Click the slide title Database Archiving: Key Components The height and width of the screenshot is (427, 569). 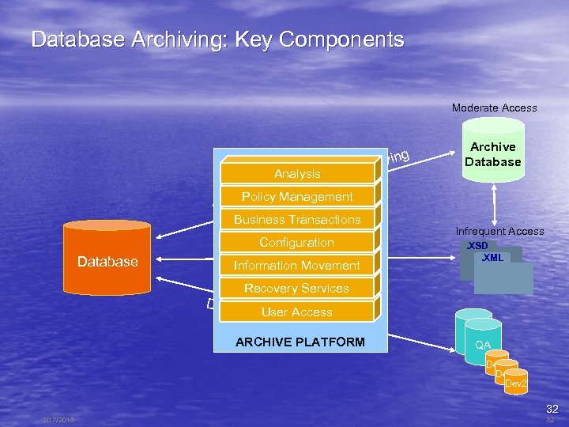(217, 40)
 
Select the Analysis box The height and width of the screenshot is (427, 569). (297, 173)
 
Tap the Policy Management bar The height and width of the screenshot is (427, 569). (297, 196)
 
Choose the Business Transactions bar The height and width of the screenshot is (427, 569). (297, 219)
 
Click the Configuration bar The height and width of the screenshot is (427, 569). (297, 242)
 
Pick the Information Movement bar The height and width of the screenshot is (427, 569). (297, 265)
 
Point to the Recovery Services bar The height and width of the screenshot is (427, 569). (297, 288)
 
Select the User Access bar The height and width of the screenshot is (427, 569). (297, 312)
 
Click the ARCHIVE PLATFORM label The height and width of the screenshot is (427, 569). (300, 342)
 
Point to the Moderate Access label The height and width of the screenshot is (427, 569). (494, 108)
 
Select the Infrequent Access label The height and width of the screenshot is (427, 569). (499, 231)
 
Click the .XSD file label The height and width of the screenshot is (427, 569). (477, 246)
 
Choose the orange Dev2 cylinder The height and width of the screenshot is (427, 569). (515, 383)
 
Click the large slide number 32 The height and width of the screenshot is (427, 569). (552, 409)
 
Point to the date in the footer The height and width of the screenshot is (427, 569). (60, 420)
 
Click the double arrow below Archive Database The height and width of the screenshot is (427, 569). (494, 202)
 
